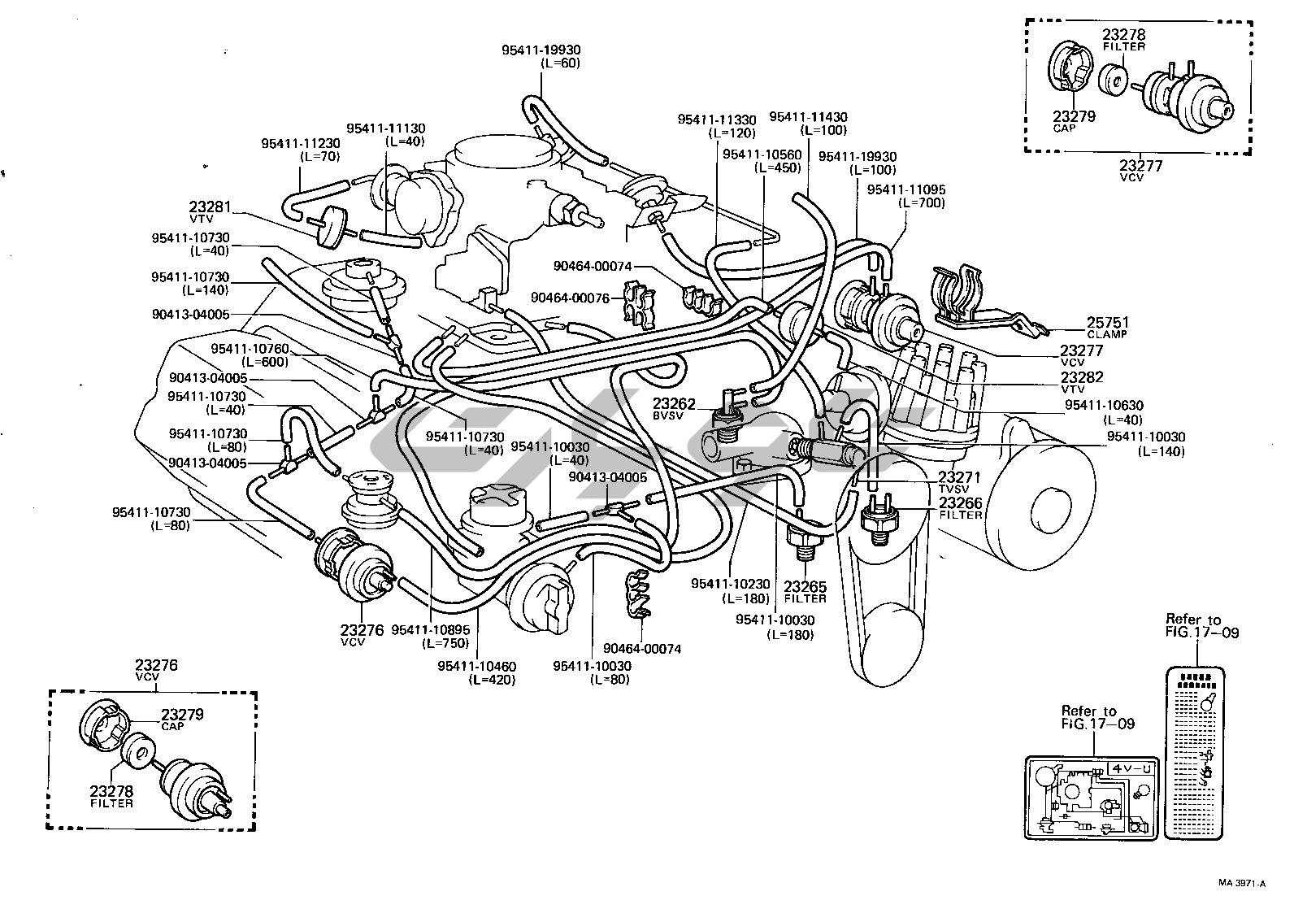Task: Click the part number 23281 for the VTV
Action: tap(209, 208)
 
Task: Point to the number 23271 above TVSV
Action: tap(960, 477)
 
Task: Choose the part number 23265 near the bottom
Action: tap(805, 587)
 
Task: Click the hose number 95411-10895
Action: tap(430, 630)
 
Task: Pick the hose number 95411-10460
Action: tap(476, 666)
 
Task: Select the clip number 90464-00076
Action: tap(570, 298)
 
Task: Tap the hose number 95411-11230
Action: tap(300, 143)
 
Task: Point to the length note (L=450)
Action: tap(777, 167)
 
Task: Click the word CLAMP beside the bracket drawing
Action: tap(1108, 334)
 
